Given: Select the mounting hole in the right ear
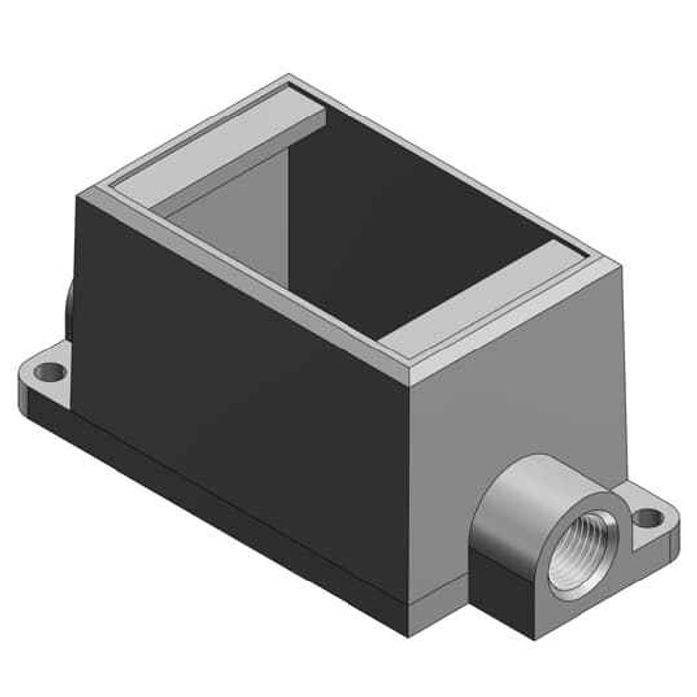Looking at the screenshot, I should (x=648, y=518).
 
